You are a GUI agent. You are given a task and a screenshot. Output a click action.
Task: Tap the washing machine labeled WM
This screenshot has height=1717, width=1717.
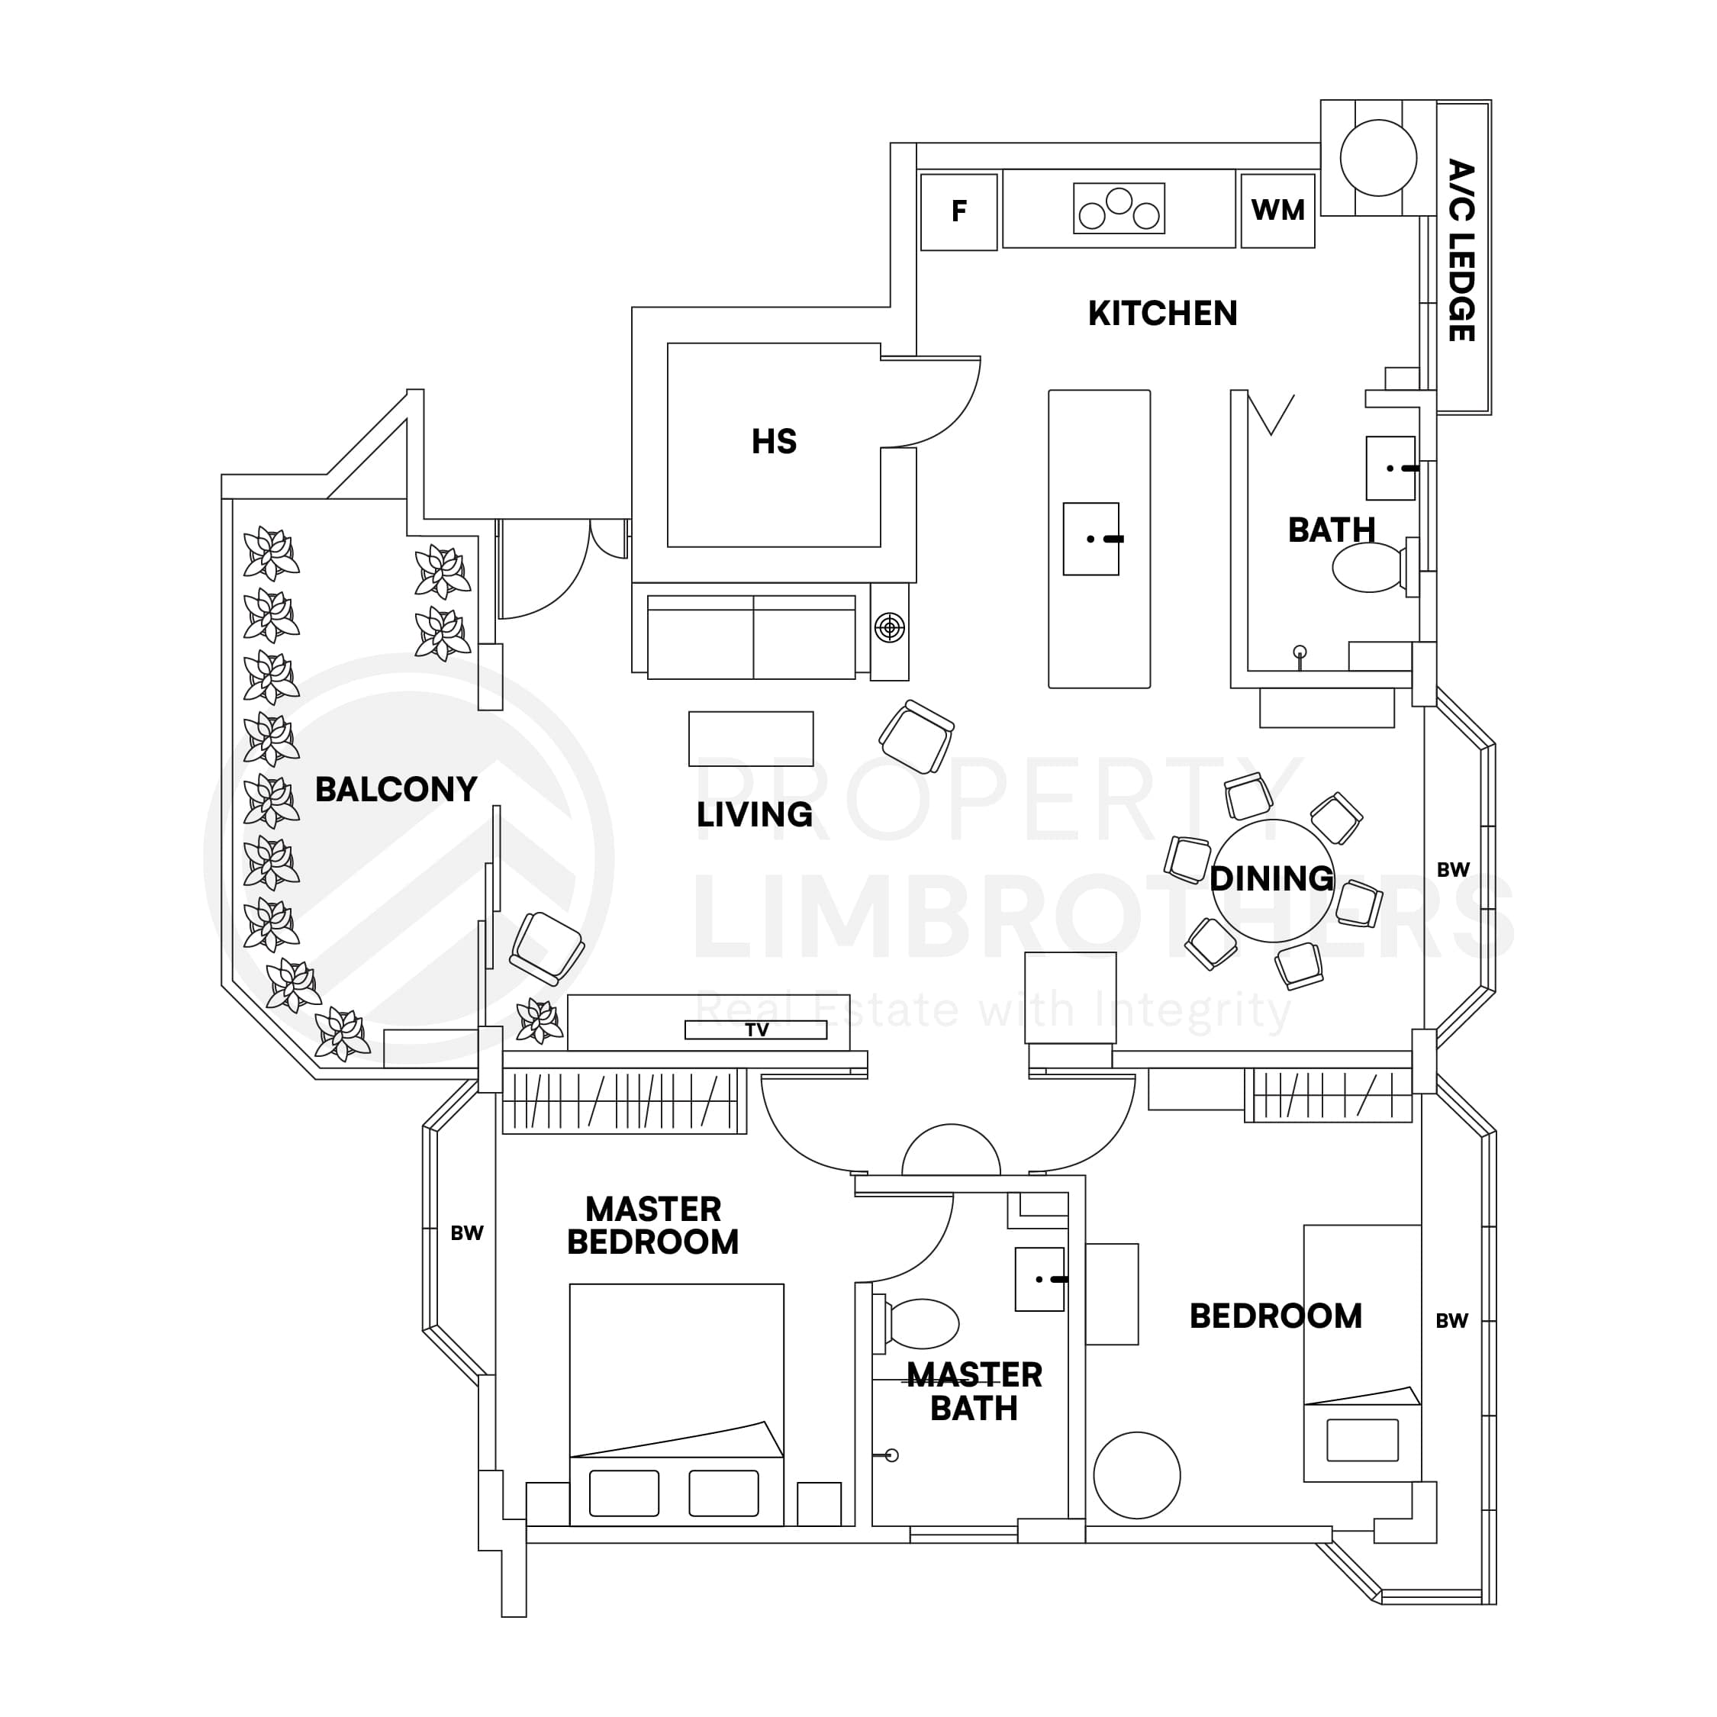click(1277, 211)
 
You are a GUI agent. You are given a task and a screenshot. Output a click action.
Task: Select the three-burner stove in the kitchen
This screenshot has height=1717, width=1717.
click(1118, 209)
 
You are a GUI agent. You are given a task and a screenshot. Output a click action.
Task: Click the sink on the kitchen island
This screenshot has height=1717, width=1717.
click(1090, 539)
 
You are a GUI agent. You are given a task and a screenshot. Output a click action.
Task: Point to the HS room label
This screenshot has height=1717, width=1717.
click(773, 442)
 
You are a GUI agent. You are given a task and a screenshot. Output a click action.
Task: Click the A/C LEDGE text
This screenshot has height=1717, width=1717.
click(1461, 252)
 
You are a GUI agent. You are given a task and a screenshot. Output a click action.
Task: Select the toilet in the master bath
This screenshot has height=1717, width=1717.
click(922, 1323)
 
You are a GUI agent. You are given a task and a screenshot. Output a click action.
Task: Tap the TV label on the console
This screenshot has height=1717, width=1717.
click(756, 1029)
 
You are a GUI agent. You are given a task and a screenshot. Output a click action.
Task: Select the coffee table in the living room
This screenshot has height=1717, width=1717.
click(750, 739)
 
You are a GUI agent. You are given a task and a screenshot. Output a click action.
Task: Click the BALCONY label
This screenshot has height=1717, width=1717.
click(395, 789)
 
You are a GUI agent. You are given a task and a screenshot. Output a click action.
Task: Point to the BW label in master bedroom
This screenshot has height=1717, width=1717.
click(466, 1232)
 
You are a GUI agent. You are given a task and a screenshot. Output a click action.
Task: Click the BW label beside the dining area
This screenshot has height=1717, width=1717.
click(1453, 870)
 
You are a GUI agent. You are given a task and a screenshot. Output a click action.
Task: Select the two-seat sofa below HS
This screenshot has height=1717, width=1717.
click(751, 636)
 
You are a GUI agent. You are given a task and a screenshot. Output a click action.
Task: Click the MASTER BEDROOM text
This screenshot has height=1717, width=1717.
click(652, 1226)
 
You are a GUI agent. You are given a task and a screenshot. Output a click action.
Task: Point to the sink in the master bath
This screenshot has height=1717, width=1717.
click(1039, 1279)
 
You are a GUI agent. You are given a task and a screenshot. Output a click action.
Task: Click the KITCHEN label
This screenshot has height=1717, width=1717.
click(1161, 314)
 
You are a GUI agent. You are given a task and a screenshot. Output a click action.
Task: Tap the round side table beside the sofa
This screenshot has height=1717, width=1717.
click(889, 628)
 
